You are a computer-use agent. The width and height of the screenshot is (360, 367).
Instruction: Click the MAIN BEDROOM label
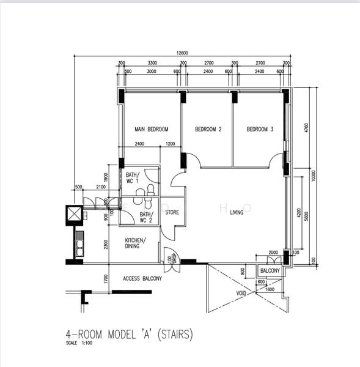coord(151,129)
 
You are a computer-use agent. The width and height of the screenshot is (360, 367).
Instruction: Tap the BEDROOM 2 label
coord(208,129)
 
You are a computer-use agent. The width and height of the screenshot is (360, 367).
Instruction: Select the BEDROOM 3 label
coord(260,129)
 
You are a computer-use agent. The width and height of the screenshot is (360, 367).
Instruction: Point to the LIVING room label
coord(237,213)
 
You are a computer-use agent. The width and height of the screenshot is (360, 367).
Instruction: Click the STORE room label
coord(172,213)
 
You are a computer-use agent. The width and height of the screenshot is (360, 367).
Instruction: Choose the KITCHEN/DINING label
coord(136,243)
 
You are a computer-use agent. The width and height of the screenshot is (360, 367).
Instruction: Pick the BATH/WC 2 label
coord(146,217)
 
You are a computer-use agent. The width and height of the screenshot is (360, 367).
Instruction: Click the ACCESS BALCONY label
coord(142,279)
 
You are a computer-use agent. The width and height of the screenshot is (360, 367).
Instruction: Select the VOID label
coord(242,293)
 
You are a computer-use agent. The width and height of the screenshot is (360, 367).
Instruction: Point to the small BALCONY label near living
coord(270,271)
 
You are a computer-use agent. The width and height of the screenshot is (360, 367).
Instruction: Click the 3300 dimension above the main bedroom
coord(153,63)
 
